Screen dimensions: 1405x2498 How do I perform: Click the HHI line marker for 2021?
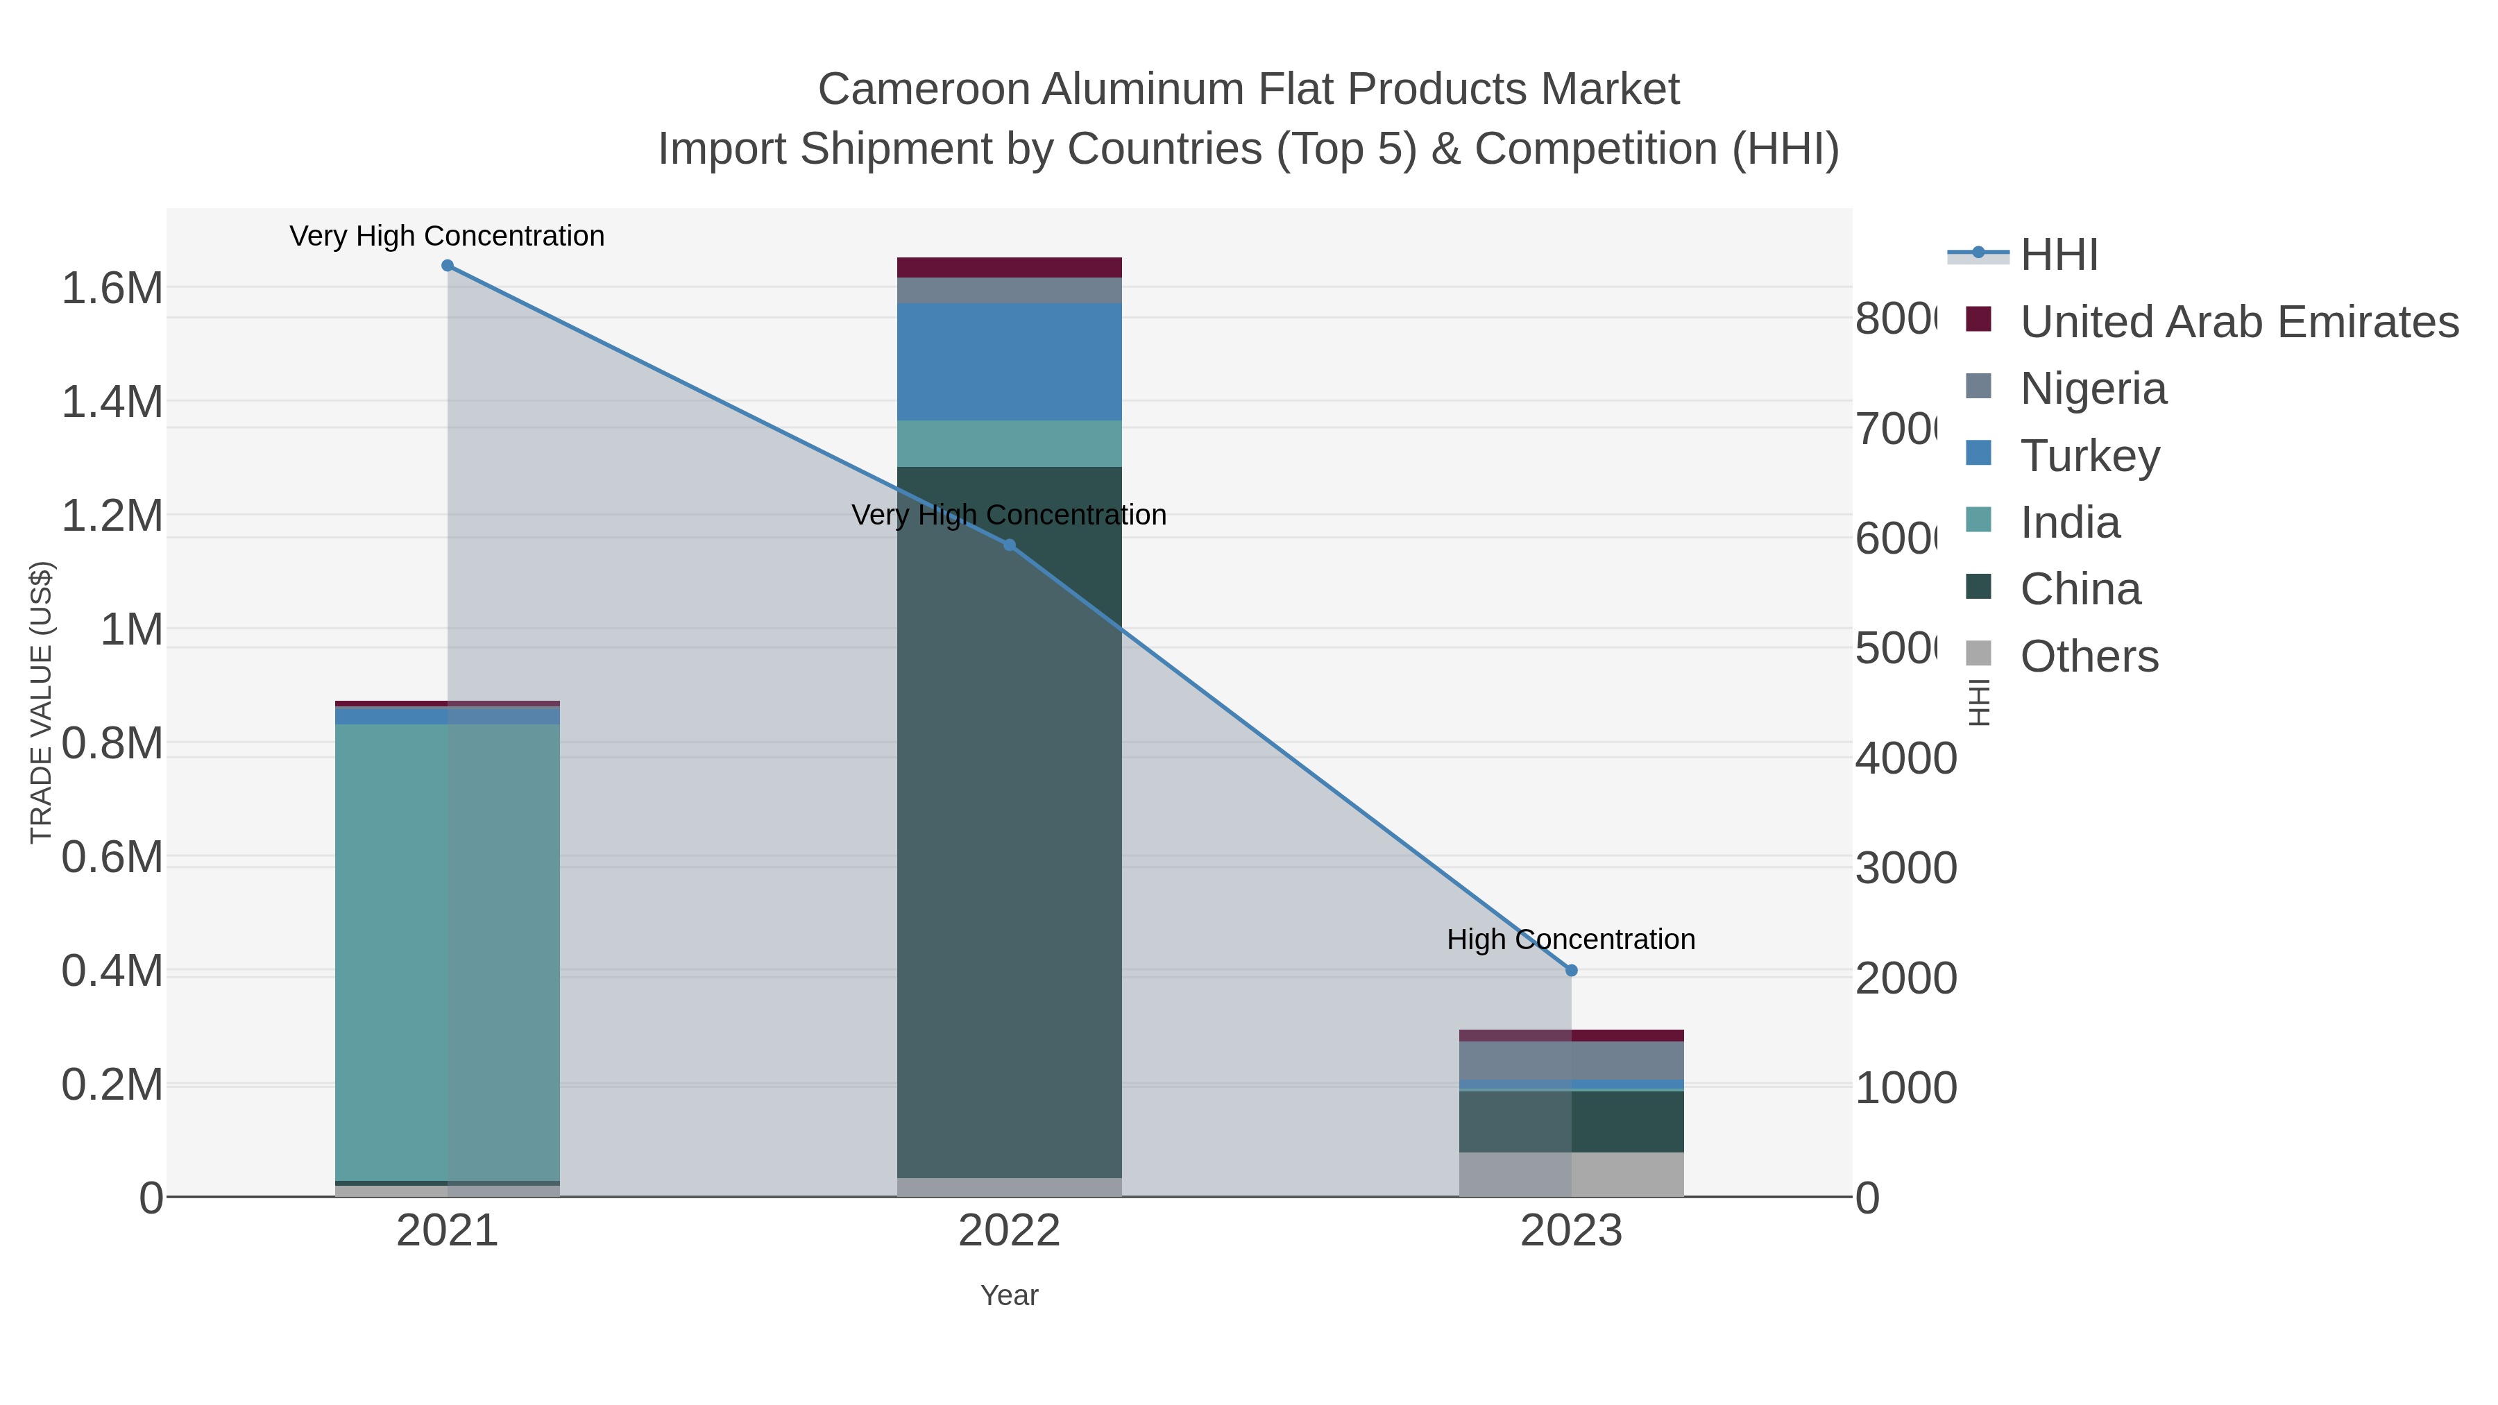(447, 266)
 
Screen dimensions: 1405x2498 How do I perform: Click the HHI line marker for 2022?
(1010, 545)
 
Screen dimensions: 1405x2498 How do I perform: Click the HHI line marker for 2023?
(1571, 971)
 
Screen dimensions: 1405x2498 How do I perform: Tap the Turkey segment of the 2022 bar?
(1010, 361)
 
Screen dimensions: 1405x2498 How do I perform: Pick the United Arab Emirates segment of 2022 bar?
(1010, 268)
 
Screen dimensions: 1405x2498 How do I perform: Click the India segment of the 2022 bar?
(1010, 444)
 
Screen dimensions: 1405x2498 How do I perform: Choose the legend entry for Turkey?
(2090, 456)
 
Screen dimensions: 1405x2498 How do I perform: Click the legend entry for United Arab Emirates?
(2238, 322)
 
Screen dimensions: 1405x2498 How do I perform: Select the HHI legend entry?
(2059, 255)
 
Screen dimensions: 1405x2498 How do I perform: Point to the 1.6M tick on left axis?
(112, 289)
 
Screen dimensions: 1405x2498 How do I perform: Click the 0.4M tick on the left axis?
(112, 971)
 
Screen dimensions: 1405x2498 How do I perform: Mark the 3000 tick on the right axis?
(1905, 868)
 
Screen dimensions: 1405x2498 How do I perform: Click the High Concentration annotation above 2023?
(1571, 939)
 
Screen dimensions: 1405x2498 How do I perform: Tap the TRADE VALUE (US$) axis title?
(41, 702)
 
